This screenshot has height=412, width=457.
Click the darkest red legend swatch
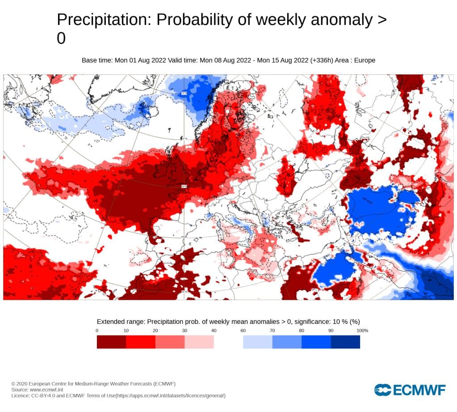[111, 342]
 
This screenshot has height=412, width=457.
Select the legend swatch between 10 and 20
[141, 342]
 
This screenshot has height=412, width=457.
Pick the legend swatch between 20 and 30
[170, 342]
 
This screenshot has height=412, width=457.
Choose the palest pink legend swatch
[199, 342]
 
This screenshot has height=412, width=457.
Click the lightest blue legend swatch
[257, 342]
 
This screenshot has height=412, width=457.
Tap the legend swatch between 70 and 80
[287, 342]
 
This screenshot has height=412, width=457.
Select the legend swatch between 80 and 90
[316, 342]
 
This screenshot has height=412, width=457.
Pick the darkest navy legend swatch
[345, 342]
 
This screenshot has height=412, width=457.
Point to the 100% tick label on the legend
[362, 331]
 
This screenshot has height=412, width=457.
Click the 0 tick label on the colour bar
[97, 331]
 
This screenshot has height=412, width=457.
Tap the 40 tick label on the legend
[214, 331]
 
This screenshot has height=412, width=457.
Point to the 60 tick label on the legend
[243, 331]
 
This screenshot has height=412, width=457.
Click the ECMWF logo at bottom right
[410, 390]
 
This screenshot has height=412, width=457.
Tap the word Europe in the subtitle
[365, 60]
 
